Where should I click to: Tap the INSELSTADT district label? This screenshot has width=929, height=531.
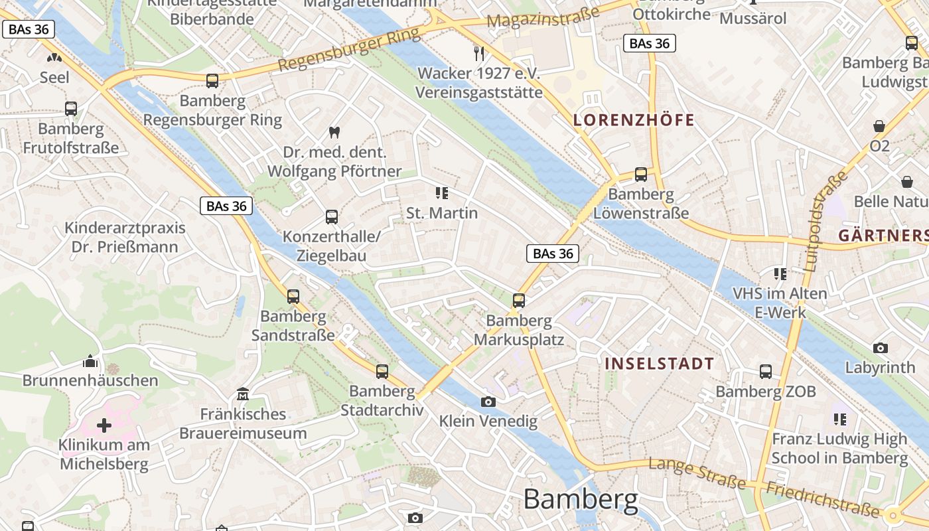659,364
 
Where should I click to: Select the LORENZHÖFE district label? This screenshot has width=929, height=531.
634,120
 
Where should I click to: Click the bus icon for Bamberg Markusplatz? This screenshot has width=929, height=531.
519,301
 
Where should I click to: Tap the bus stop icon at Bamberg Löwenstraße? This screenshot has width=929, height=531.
640,175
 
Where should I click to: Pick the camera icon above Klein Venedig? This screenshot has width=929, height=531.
488,402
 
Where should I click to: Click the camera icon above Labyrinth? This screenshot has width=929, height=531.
880,348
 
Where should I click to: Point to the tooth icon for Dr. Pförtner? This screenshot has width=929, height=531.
334,133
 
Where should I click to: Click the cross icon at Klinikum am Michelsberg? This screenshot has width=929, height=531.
104,425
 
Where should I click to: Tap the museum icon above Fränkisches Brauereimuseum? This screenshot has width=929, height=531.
243,395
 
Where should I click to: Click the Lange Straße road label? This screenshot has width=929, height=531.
697,473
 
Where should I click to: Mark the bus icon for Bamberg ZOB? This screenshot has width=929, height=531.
766,372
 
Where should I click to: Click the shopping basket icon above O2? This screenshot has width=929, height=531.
879,126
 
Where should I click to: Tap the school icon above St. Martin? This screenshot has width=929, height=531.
442,193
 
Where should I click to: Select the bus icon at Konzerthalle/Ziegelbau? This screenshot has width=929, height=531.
331,217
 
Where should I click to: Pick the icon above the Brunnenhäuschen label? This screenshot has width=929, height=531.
90,362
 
